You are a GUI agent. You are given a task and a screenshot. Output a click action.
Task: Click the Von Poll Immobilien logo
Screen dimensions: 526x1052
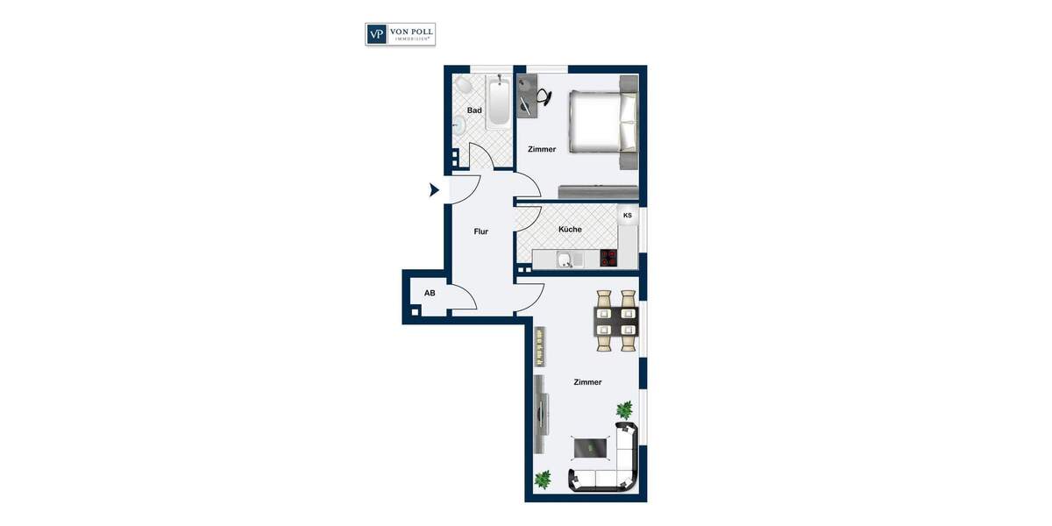(400, 34)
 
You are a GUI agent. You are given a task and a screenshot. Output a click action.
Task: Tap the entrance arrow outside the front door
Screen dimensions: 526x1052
(434, 189)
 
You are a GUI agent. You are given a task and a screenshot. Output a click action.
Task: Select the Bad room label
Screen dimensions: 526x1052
(474, 110)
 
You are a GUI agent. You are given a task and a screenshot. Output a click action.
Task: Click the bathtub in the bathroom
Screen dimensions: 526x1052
(498, 103)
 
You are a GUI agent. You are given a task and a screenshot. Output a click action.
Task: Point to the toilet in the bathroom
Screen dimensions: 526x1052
(463, 84)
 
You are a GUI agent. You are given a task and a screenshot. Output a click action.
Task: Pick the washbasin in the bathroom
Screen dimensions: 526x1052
(458, 124)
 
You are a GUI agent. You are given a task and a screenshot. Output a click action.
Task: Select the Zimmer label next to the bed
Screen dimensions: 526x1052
(542, 149)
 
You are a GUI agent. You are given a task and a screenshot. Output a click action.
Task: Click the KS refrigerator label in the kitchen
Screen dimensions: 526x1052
(627, 216)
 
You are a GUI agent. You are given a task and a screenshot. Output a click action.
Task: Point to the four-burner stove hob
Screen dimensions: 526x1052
(609, 258)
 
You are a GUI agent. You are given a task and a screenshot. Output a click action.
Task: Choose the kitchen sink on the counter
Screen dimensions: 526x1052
(567, 259)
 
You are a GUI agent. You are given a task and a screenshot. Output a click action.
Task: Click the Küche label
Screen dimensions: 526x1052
(570, 230)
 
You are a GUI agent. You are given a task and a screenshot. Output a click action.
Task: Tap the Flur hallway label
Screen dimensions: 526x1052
(480, 231)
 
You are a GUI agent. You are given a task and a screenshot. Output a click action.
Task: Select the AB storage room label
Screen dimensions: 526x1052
(430, 293)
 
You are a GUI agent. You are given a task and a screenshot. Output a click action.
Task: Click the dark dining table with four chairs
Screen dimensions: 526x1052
(616, 321)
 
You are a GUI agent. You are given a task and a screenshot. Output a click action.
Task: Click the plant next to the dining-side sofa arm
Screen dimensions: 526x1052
(624, 409)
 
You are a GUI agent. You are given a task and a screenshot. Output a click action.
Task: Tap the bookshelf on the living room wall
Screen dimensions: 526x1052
(541, 347)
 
